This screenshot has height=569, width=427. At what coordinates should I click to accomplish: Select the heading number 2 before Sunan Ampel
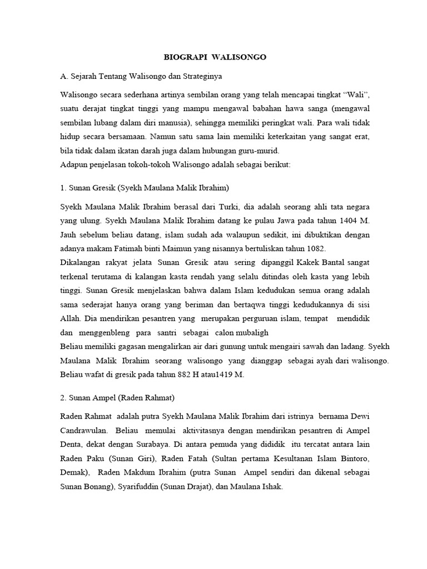(63, 398)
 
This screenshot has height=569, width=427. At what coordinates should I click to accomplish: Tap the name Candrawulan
(84, 431)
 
